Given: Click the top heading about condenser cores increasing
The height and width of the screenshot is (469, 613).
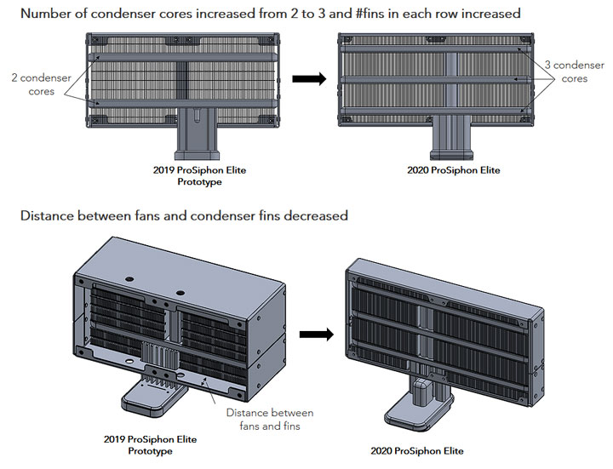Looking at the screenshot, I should (271, 14).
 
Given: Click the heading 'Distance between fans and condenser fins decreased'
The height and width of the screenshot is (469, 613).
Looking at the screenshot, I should (184, 215).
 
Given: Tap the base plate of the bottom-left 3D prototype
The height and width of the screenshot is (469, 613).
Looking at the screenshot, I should (154, 398).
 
